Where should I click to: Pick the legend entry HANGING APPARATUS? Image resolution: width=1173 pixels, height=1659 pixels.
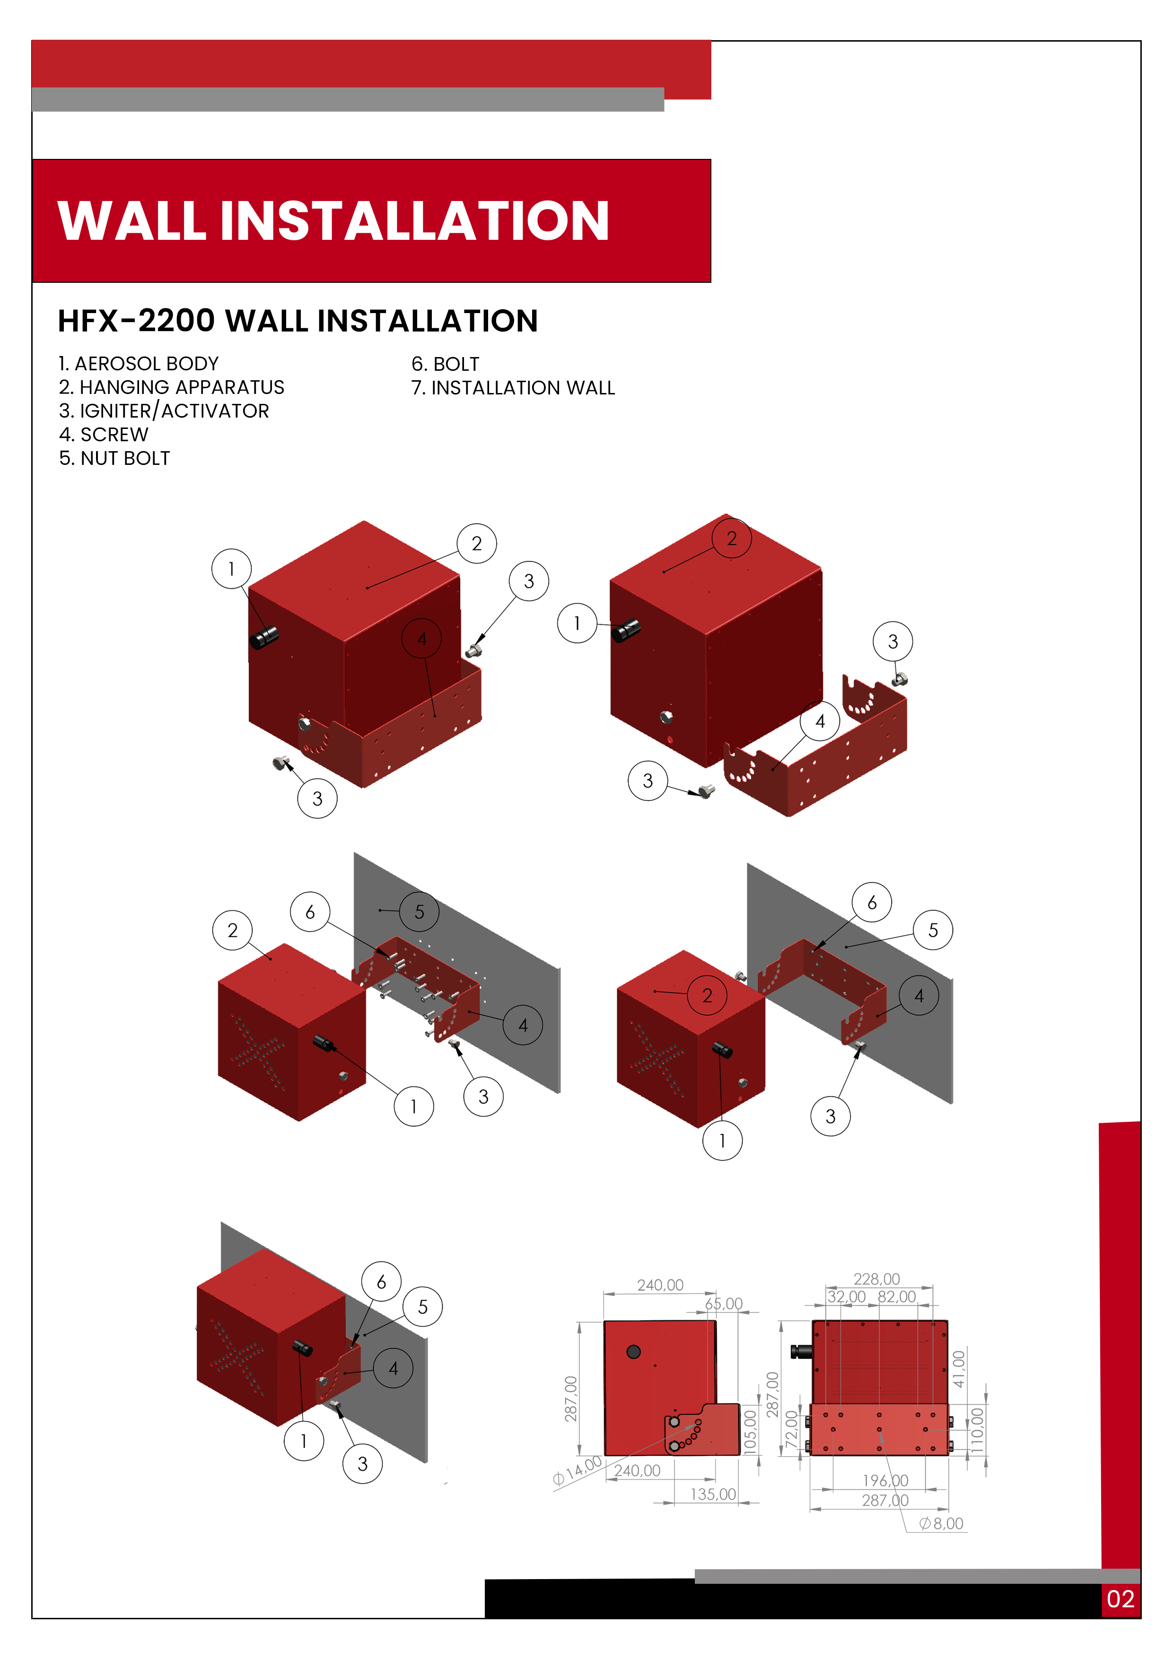[x=171, y=387]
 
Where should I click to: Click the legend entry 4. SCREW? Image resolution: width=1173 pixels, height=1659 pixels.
[x=104, y=434]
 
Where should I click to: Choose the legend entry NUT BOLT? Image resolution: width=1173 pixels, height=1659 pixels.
[x=114, y=458]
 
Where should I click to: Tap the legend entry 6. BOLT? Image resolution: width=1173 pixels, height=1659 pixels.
[x=445, y=364]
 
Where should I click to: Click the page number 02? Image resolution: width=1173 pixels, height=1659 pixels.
[x=1120, y=1599]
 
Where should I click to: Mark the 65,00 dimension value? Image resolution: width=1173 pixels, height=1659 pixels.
[x=724, y=1303]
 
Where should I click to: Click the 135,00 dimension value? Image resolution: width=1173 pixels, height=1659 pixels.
[x=713, y=1494]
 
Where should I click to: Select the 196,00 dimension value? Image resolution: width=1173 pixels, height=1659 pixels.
[x=885, y=1481]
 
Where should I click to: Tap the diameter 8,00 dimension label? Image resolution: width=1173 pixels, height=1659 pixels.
[x=941, y=1524]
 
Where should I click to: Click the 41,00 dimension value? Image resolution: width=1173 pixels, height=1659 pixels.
[x=958, y=1369]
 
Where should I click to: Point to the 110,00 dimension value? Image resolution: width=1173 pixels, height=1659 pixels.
[x=977, y=1429]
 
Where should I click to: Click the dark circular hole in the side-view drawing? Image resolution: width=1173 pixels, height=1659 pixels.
[x=633, y=1351]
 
